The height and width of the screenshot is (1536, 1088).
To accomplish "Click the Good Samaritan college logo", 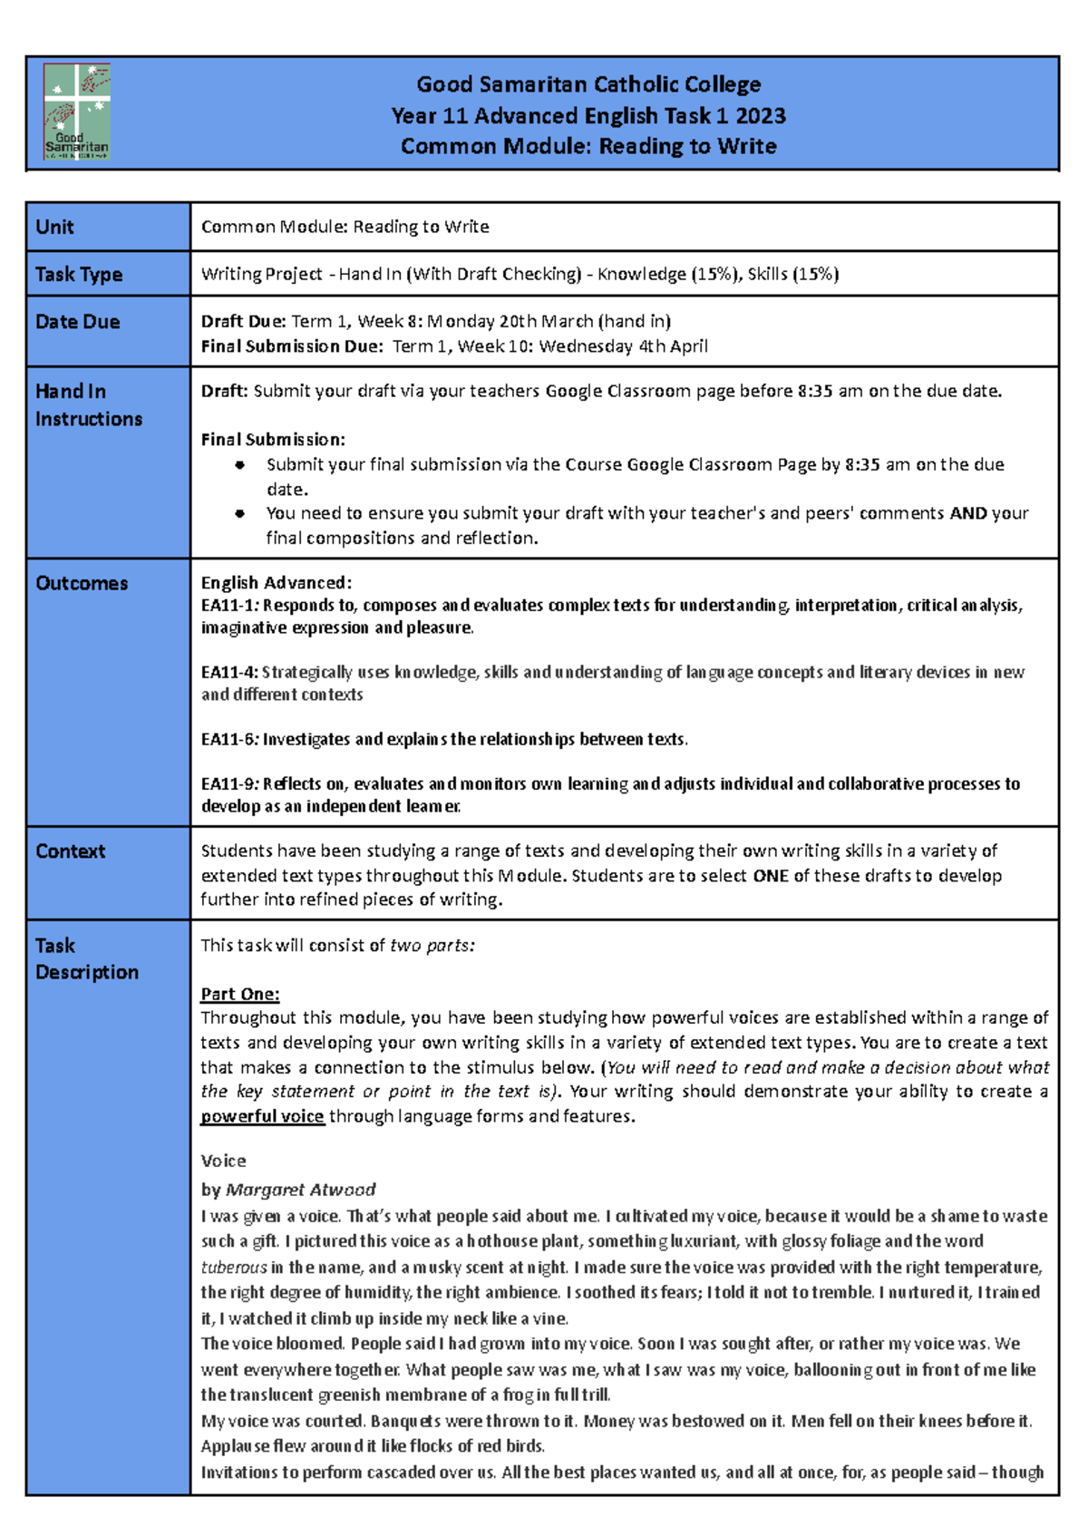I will coord(77,112).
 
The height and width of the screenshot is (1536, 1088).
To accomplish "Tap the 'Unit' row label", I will coord(55,227).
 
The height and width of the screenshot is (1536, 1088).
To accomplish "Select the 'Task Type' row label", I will coord(79,274).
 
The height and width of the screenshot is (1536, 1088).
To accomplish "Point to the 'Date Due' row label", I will coord(78,322).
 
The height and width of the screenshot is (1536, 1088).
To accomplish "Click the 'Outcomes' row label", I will coord(82,583).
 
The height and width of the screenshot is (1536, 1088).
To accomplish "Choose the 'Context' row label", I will coord(71,851).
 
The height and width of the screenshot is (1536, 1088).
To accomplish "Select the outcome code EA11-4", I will coord(228,672).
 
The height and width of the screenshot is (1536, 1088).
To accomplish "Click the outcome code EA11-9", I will coord(229,783).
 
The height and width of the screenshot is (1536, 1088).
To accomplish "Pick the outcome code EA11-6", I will coord(229,739).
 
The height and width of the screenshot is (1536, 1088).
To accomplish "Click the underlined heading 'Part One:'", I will coord(240,994).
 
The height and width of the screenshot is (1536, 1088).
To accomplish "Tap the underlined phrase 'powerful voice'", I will coord(262,1116).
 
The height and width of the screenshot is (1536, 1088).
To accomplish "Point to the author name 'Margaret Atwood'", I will coord(300,1189).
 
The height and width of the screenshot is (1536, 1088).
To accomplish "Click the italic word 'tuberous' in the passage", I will coord(234,1267).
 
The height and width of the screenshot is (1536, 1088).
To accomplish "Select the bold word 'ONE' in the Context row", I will coord(770,876).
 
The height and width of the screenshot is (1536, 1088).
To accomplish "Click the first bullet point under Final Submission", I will coord(239,465).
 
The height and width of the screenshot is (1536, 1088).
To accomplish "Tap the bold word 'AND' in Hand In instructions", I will coord(968,513).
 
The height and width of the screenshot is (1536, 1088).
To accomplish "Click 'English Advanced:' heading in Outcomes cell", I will coord(276,582).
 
